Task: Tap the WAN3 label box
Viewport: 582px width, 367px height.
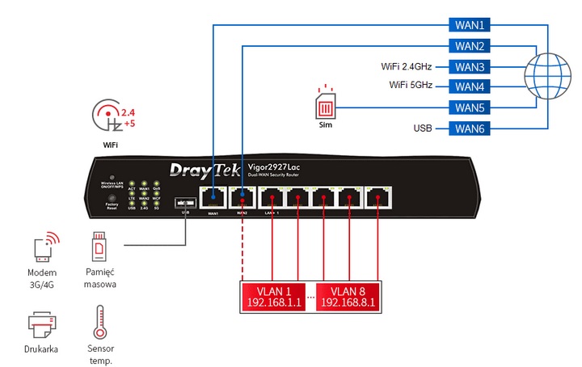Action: [470, 66]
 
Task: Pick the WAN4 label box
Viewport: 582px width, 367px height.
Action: [470, 86]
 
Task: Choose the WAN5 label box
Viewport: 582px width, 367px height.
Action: [470, 108]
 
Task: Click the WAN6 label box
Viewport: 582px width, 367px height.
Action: [470, 129]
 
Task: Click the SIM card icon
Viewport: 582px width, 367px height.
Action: [325, 106]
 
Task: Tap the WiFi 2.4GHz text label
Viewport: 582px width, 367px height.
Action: [410, 66]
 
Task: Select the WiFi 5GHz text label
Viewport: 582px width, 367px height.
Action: [414, 86]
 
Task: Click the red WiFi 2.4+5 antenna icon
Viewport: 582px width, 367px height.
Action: [111, 119]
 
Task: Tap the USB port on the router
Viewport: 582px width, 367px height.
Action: [187, 201]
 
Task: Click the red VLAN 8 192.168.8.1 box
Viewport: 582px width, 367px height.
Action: [349, 297]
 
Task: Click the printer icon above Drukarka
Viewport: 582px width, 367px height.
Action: [41, 326]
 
